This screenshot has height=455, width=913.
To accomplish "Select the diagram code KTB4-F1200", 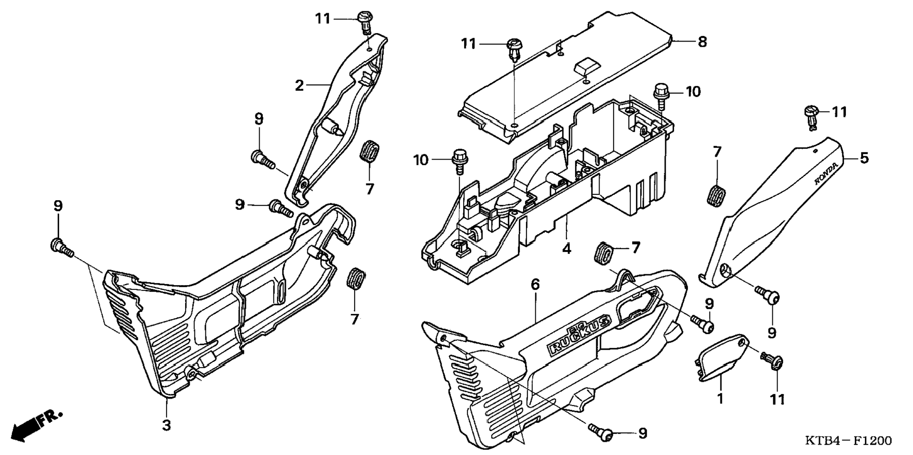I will click(848, 441).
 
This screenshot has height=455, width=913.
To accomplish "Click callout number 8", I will click(702, 42).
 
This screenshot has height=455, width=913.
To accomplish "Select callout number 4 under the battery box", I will click(566, 248).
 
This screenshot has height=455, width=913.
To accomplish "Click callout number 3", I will click(166, 425).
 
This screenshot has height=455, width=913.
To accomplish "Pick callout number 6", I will click(535, 284).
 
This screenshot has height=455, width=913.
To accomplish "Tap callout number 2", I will click(299, 85).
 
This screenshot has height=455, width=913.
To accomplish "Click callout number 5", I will click(863, 158).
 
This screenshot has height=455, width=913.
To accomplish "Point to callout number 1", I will click(720, 399).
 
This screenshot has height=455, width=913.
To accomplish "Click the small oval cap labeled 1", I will click(720, 356).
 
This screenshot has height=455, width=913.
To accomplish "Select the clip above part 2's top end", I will click(364, 21).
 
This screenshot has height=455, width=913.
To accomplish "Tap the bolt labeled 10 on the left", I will click(459, 159).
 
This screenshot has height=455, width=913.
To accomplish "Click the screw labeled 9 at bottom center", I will click(601, 431).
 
